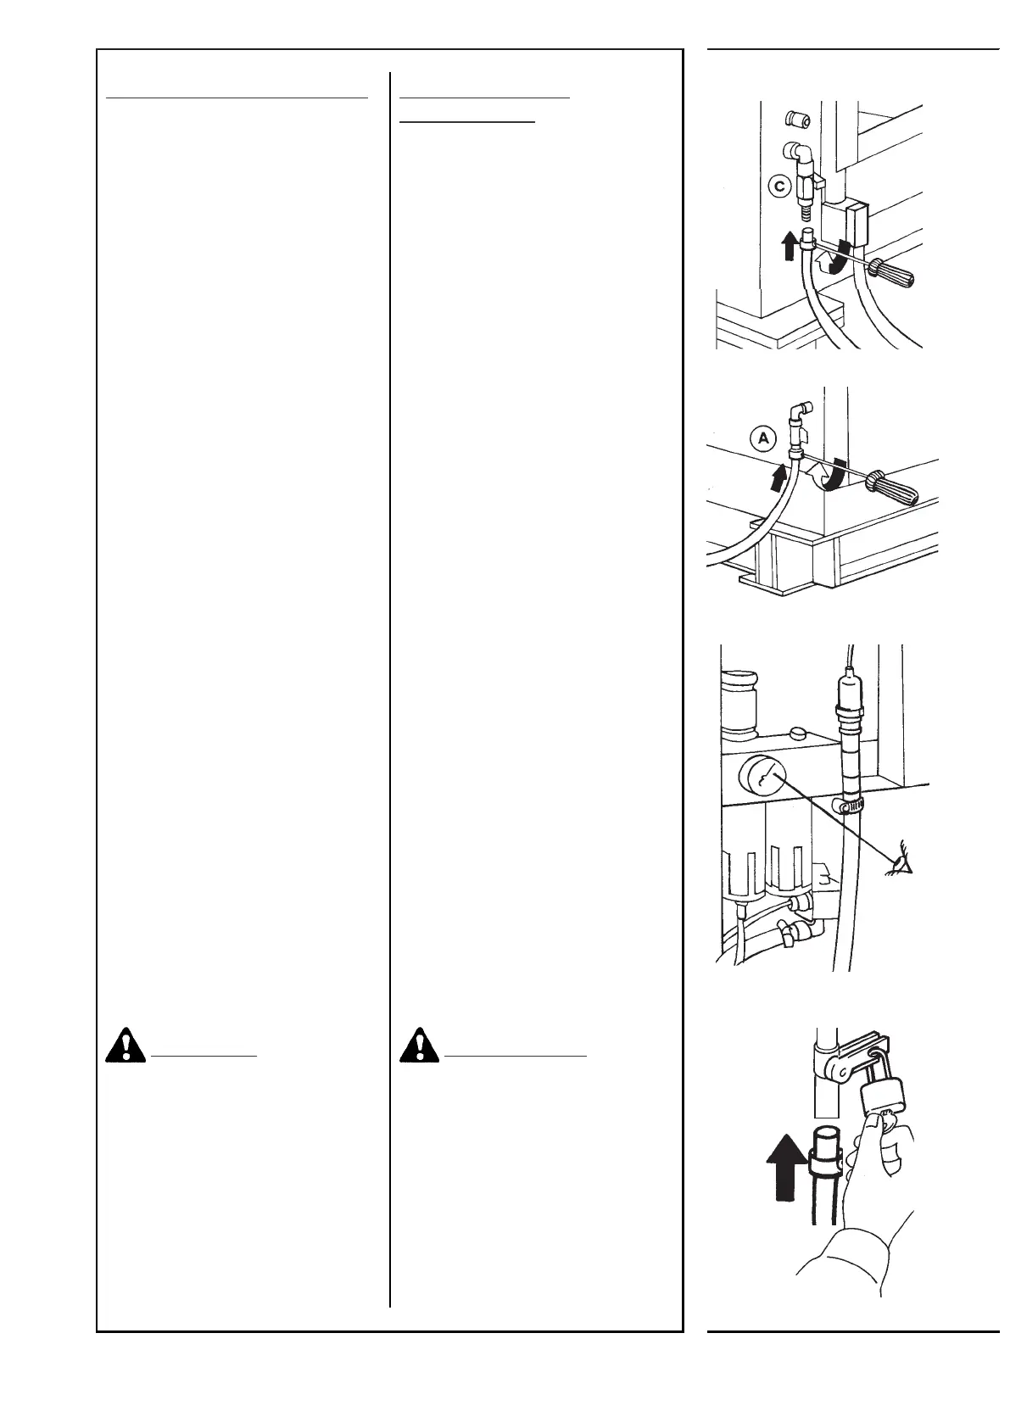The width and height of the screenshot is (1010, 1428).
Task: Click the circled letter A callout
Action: (763, 438)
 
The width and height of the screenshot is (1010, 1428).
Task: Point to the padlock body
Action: (879, 1101)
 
